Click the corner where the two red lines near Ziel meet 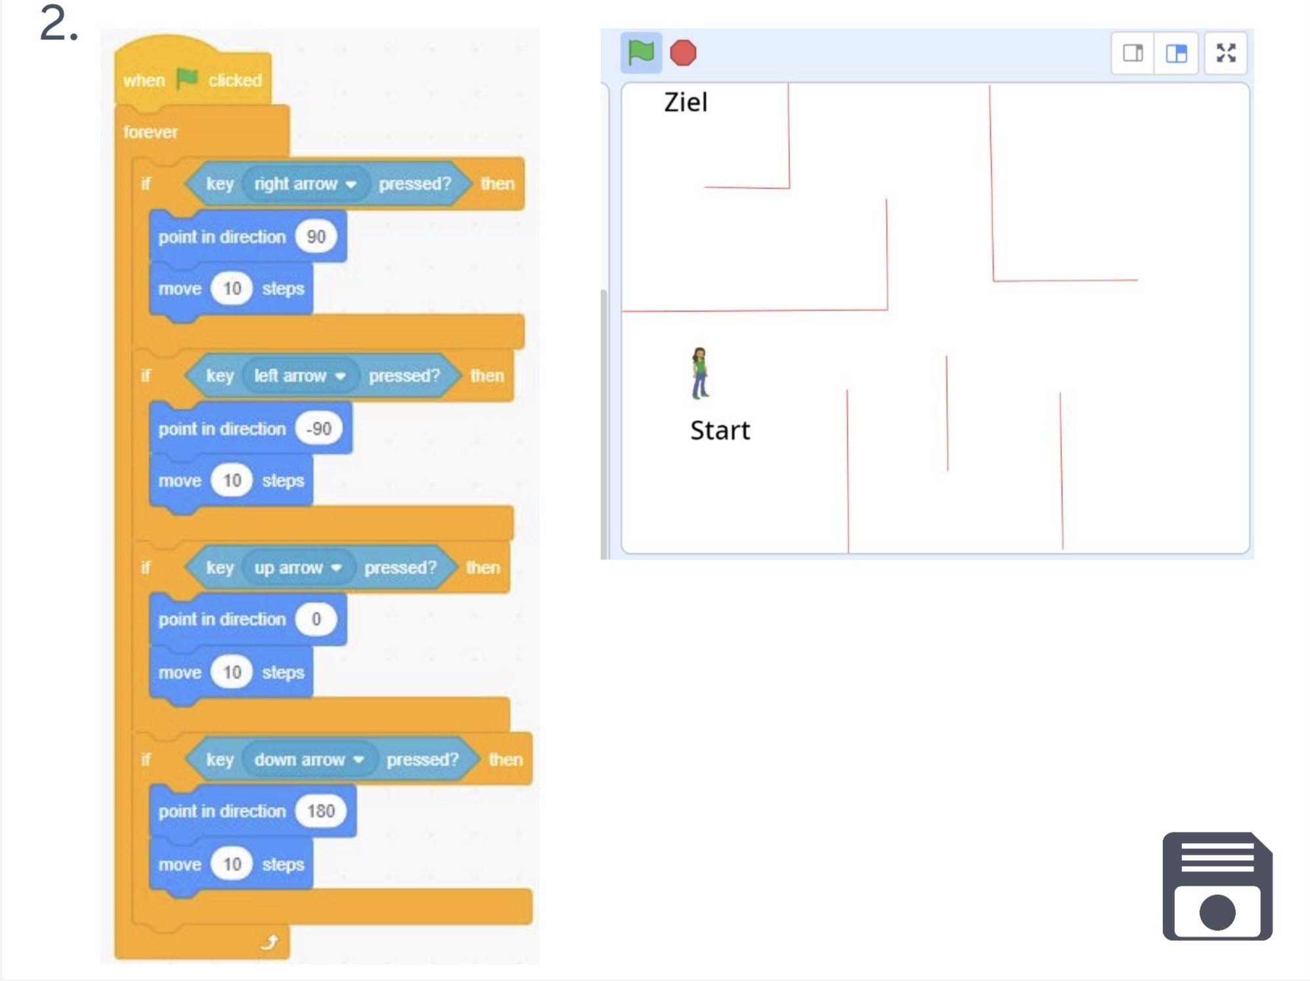[x=789, y=188]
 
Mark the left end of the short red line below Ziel [x=705, y=186]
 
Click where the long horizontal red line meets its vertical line [x=887, y=309]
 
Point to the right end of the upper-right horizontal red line [x=1137, y=280]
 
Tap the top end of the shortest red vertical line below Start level [x=946, y=356]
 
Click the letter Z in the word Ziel [x=672, y=102]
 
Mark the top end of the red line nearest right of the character [x=847, y=390]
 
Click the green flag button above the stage [x=641, y=53]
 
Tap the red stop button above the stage [x=683, y=53]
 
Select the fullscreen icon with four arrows [x=1226, y=53]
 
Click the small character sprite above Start [x=700, y=373]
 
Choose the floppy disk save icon [x=1217, y=886]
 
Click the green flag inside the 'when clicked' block [x=187, y=79]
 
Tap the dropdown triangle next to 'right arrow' [x=351, y=185]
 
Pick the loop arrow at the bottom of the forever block [x=269, y=942]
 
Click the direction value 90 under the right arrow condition [x=316, y=236]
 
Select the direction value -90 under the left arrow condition [x=319, y=429]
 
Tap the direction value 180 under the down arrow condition [x=320, y=811]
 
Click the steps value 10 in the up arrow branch [x=232, y=672]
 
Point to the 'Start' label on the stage [x=720, y=431]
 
